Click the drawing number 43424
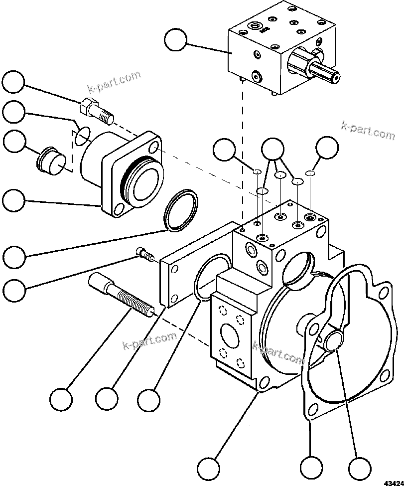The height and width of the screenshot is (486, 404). click(393, 482)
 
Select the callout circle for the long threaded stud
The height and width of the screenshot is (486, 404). click(61, 399)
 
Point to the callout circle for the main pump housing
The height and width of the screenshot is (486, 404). click(208, 468)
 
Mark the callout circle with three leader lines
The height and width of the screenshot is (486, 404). click(272, 148)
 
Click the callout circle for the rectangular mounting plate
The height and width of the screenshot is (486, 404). click(107, 399)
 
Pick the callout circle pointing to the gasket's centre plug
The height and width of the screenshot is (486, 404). click(360, 468)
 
